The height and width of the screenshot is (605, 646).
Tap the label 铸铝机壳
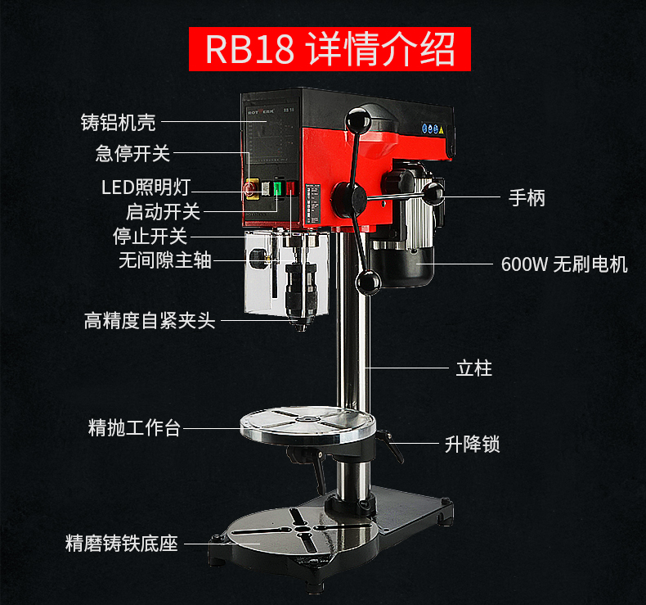[119, 123]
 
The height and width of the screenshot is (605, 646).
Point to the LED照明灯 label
[145, 187]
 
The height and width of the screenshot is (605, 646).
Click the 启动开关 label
[163, 211]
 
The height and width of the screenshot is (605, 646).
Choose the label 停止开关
[150, 236]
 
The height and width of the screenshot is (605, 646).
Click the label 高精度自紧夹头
[150, 320]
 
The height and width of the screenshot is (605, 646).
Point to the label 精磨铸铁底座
[122, 544]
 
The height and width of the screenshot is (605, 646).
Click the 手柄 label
[527, 197]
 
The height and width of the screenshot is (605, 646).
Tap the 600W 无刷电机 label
[564, 264]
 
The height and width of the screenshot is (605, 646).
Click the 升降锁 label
[473, 445]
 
